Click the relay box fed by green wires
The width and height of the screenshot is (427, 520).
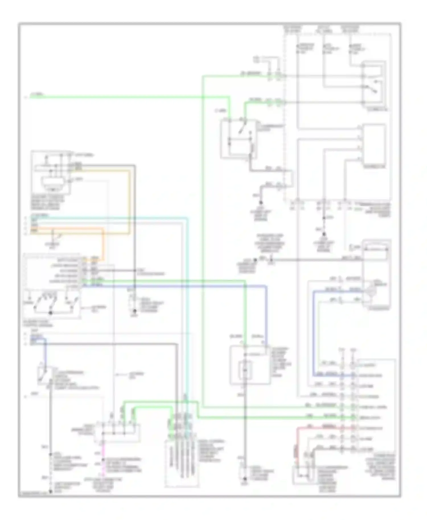pyautogui.click(x=239, y=139)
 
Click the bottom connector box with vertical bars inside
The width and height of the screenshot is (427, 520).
pyautogui.click(x=182, y=464)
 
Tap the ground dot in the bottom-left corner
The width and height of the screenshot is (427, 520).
pyautogui.click(x=50, y=491)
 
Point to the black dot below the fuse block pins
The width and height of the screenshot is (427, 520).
pyautogui.click(x=324, y=234)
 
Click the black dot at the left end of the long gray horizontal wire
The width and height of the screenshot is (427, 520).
pyautogui.click(x=255, y=260)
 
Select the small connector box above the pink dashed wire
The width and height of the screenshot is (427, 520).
pyautogui.click(x=118, y=432)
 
